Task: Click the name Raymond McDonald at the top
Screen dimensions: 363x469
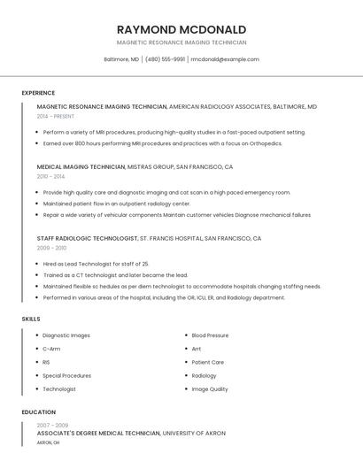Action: (181, 29)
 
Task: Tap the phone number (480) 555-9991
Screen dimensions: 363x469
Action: (166, 59)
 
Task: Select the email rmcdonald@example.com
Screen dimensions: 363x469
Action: (225, 59)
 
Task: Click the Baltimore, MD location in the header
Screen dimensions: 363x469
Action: (121, 59)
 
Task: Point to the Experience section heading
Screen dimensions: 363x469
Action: (38, 93)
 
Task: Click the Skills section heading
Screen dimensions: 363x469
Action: (31, 319)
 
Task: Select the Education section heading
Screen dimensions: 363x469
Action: (38, 412)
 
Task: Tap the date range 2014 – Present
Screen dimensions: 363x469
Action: (56, 116)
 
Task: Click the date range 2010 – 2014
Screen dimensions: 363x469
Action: (50, 176)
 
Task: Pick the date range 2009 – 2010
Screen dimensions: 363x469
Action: (51, 248)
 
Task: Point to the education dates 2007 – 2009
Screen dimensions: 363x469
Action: (52, 426)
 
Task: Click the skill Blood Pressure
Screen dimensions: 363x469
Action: (210, 335)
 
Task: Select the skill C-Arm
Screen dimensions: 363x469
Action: (51, 349)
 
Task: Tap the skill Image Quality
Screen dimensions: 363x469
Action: (210, 389)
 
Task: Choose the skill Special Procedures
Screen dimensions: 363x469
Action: (66, 375)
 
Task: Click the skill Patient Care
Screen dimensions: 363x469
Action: (208, 362)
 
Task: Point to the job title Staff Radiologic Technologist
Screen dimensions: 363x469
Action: (88, 238)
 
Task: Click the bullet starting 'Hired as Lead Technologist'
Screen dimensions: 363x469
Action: (96, 264)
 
